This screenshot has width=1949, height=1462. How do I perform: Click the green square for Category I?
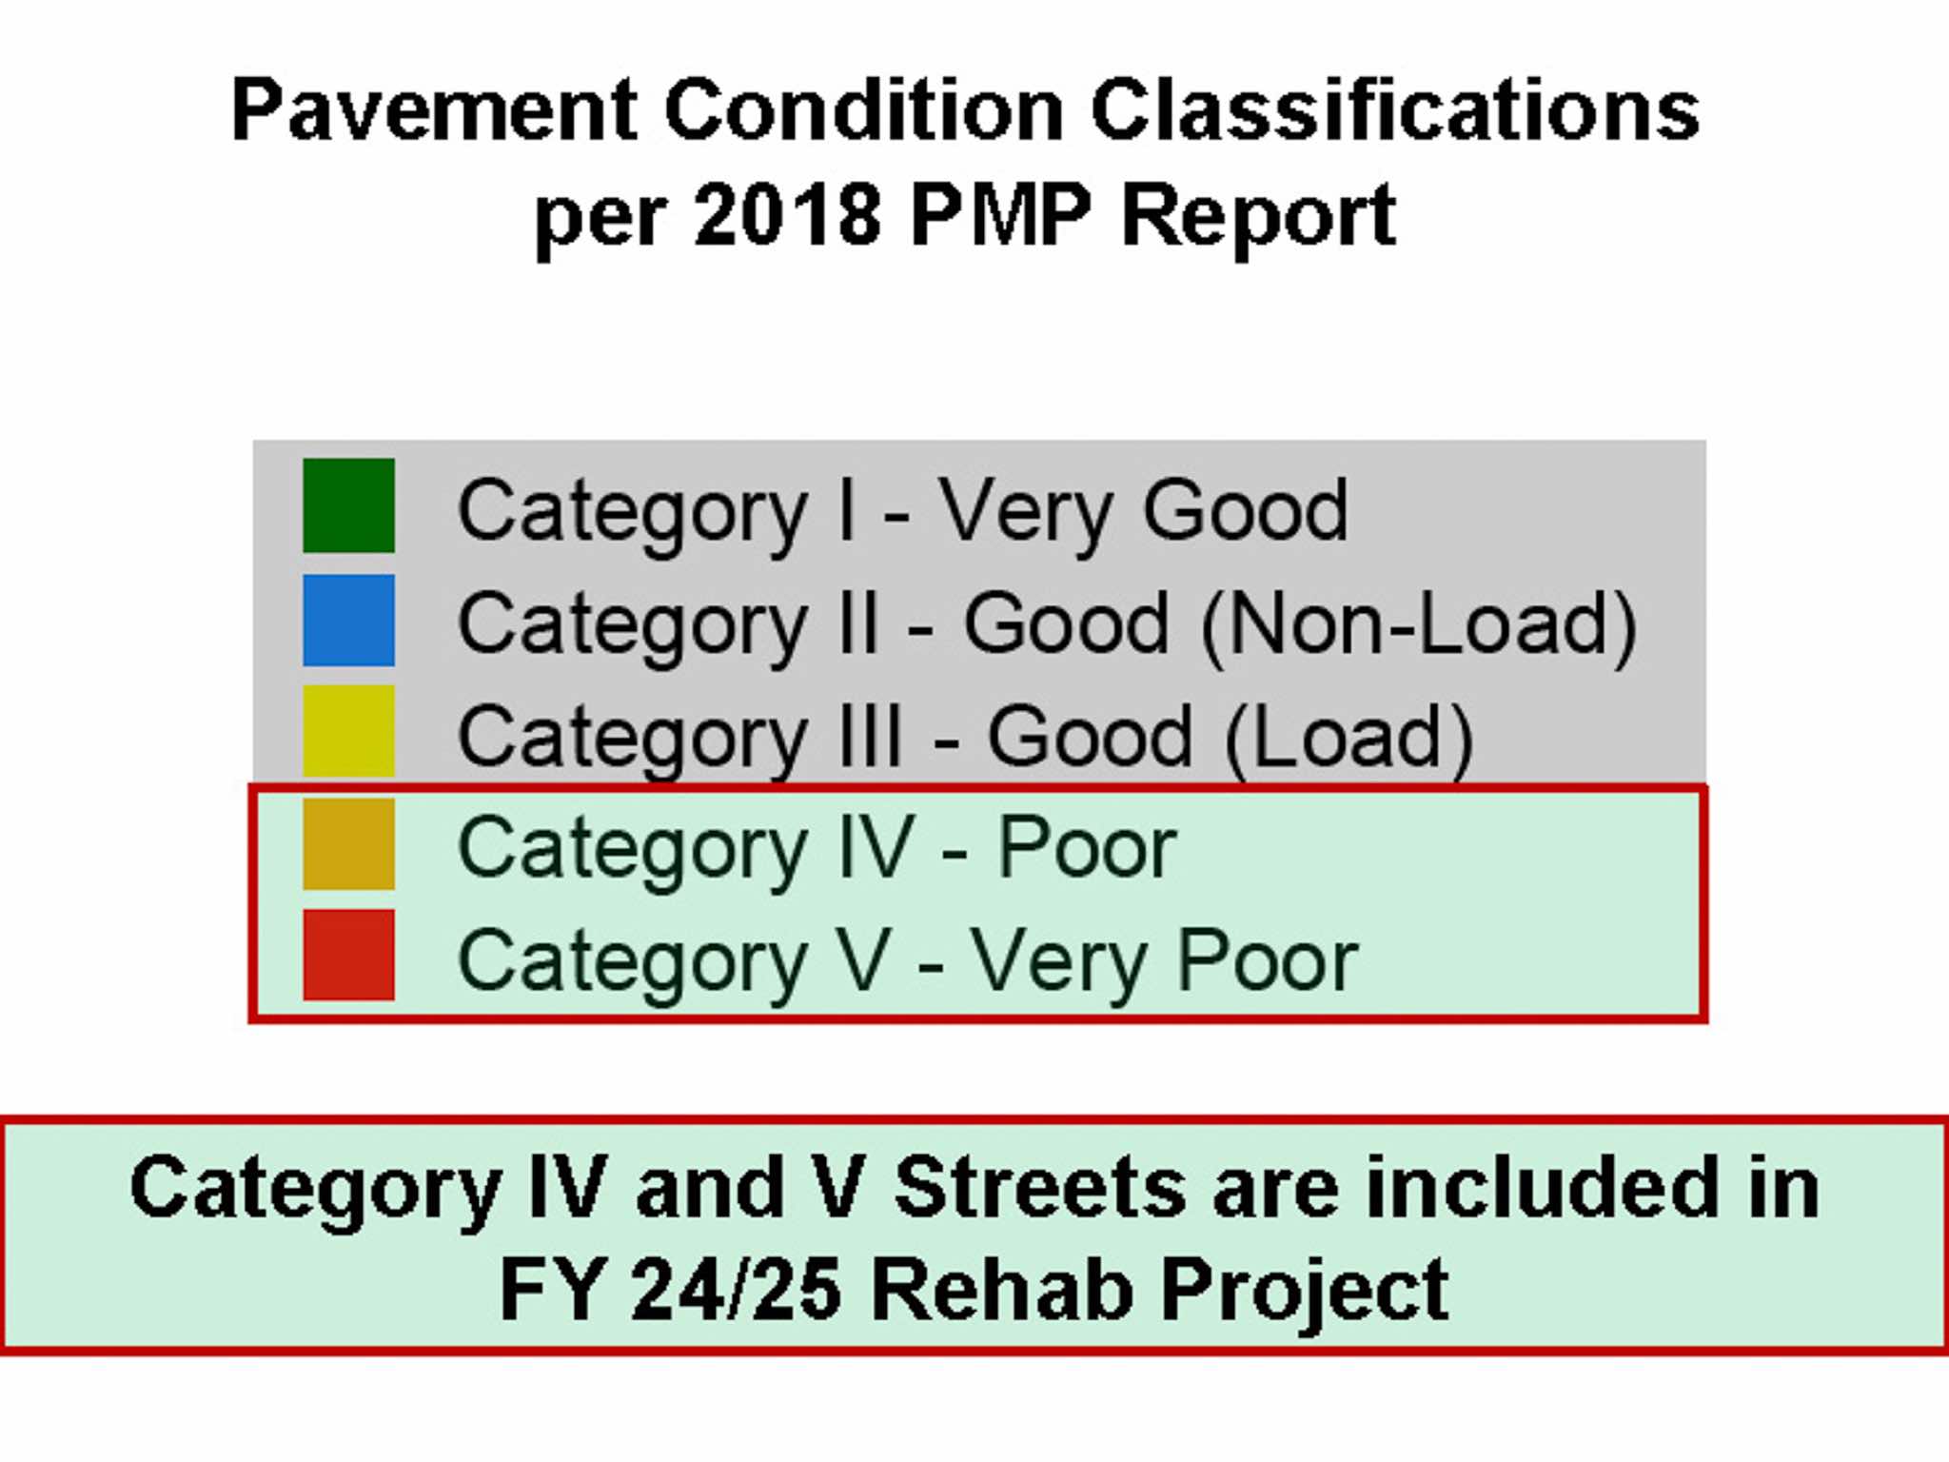[348, 505]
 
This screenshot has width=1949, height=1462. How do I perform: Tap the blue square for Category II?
[348, 621]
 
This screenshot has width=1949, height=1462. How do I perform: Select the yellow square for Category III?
[348, 731]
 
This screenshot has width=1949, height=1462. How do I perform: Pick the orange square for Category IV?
[348, 843]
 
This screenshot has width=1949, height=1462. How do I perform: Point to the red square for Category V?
[348, 955]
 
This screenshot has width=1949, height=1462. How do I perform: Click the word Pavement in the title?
[434, 109]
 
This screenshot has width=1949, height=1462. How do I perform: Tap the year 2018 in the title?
[788, 214]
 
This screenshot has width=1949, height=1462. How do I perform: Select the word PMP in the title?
[1000, 214]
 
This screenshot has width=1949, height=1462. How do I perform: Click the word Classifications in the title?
[1395, 109]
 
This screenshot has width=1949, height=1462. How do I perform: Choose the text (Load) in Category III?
[1349, 738]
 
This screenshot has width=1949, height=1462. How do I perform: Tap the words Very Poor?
[1164, 963]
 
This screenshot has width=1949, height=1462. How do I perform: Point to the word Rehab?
[1001, 1290]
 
